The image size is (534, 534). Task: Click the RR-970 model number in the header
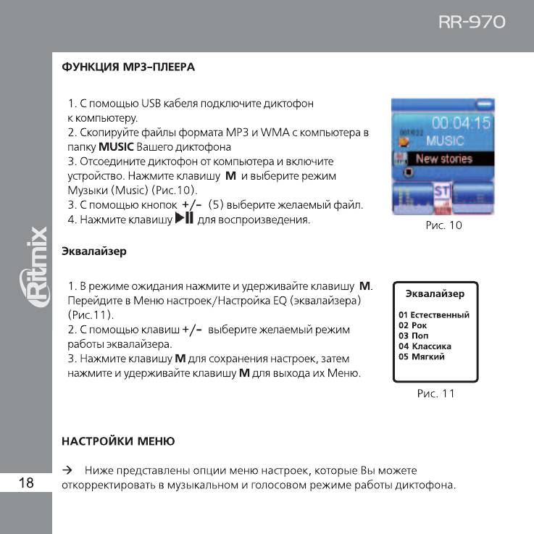pos(471,22)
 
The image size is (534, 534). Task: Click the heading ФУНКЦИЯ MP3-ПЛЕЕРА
pos(128,67)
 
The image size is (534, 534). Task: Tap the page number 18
pos(25,483)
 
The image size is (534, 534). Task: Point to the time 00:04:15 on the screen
pos(461,122)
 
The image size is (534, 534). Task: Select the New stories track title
pos(443,159)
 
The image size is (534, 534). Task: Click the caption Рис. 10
pos(443,225)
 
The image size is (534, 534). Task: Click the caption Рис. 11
pos(435,393)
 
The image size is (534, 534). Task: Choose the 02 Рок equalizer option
pos(413,325)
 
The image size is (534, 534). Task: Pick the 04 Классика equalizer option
pos(425,346)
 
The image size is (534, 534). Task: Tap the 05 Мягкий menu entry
pos(422,356)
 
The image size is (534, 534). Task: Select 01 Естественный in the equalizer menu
pos(434,314)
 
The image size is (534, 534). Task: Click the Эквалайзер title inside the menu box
pos(435,293)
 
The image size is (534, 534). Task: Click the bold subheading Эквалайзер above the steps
pos(93,251)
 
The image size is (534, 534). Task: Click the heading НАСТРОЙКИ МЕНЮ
pos(117,441)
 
